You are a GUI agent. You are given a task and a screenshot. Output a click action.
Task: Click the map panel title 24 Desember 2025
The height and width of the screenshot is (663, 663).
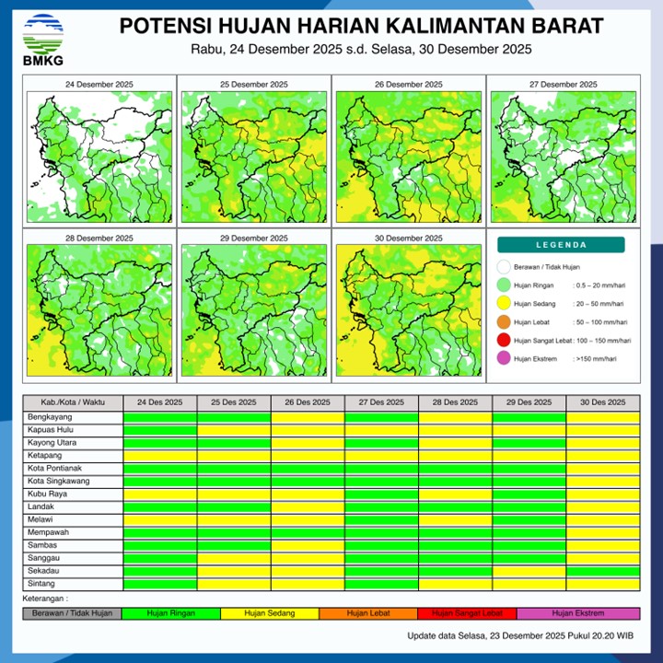tap(99, 85)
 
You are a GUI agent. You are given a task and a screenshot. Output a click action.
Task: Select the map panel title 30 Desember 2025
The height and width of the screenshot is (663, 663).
tap(407, 238)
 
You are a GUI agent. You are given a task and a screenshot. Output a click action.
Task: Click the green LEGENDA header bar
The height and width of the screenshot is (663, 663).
tap(561, 245)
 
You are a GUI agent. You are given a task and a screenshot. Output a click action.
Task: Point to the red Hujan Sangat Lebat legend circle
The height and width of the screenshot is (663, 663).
tap(503, 342)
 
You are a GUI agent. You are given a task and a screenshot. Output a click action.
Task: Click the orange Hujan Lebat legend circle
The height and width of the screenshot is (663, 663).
tap(503, 322)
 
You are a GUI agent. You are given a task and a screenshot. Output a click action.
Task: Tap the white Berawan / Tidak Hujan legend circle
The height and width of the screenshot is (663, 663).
tap(503, 267)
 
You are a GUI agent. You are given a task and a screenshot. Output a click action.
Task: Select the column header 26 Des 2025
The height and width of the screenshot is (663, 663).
tap(308, 402)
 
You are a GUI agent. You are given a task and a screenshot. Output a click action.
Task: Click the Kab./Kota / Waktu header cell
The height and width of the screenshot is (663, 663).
tap(73, 402)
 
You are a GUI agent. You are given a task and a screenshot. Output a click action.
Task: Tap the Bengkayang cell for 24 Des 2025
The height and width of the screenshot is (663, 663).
tap(160, 416)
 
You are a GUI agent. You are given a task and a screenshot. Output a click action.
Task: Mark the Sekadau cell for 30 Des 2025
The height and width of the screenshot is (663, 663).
tap(602, 571)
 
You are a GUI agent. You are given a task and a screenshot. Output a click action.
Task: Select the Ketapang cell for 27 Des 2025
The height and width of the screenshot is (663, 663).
tap(381, 455)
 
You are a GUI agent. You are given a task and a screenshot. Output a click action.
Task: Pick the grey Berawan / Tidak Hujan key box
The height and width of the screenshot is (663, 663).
tap(72, 612)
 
